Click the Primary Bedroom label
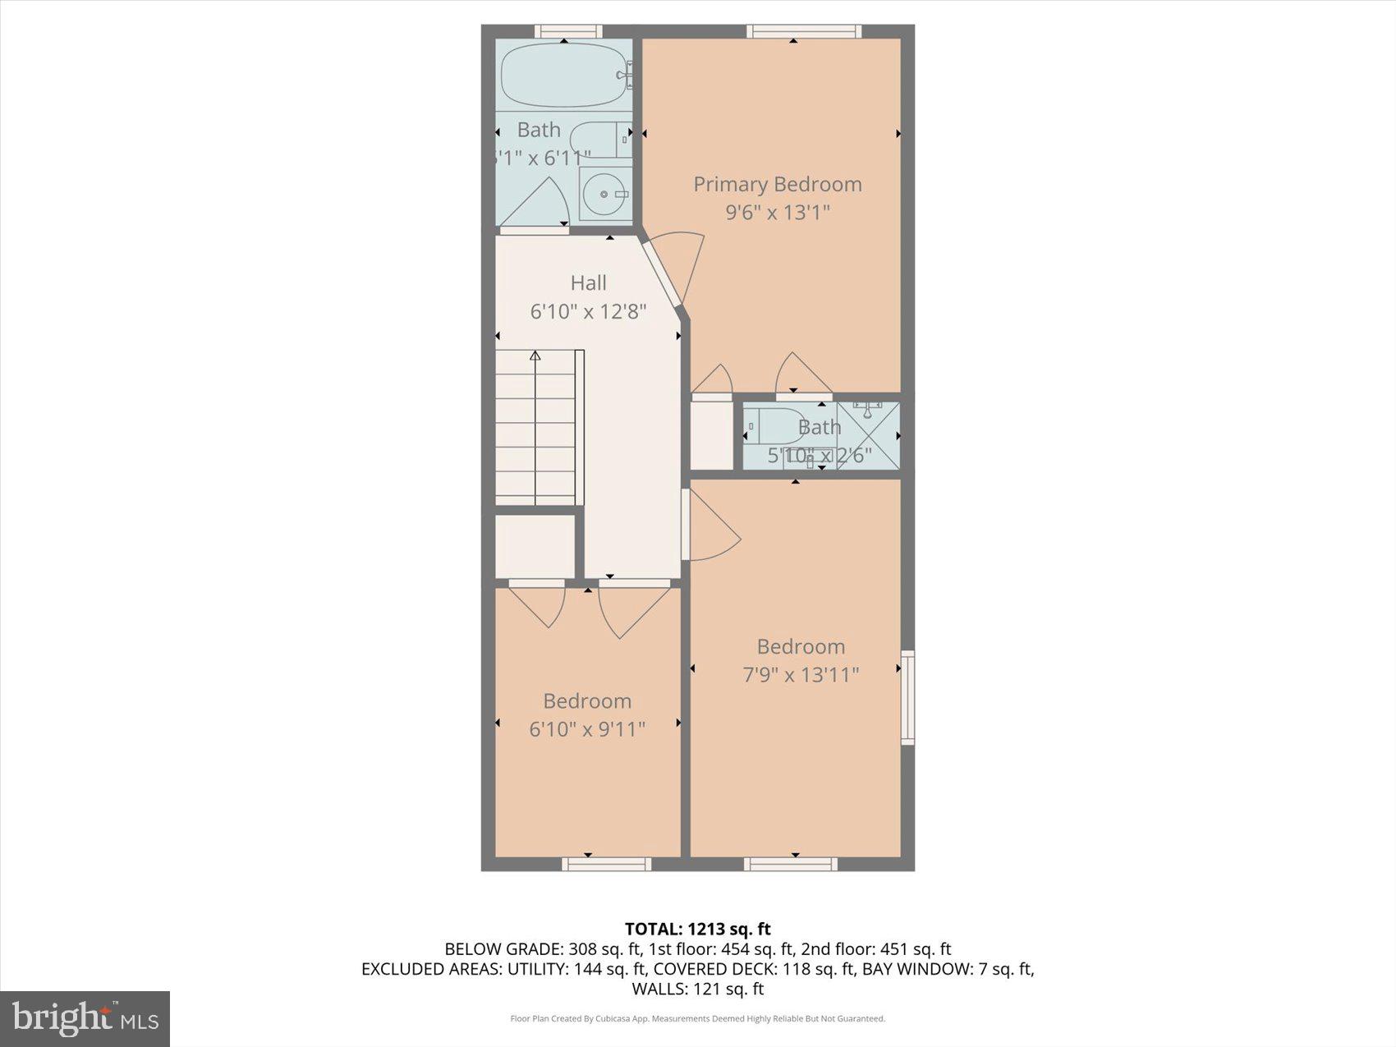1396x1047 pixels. coord(777,184)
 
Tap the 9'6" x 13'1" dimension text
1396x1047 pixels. coord(777,213)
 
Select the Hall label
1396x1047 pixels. coord(588,283)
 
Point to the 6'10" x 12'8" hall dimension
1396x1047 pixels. coord(588,312)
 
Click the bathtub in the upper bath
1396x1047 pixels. coord(563,75)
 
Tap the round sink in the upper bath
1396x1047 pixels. coord(604,195)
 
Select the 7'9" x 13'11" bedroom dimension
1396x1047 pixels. coord(801,675)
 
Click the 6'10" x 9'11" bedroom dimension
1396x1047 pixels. coord(587,729)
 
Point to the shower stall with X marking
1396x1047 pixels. coord(868,435)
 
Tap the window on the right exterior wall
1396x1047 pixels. coord(907,697)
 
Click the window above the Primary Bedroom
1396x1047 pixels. coord(803,31)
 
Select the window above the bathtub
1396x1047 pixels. coord(567,31)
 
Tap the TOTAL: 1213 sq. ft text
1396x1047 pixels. coord(697,929)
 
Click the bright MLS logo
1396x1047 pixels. coord(85,1019)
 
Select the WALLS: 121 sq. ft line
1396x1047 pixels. coord(697,989)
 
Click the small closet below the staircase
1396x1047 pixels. coord(535,547)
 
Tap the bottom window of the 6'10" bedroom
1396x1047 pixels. coord(606,864)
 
